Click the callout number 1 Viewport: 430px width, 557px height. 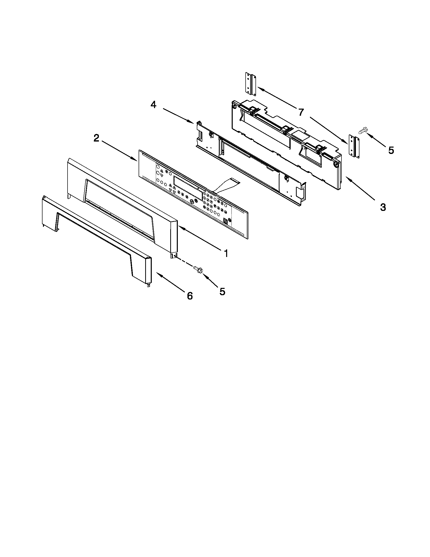pyautogui.click(x=226, y=253)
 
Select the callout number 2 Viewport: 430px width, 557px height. pyautogui.click(x=96, y=138)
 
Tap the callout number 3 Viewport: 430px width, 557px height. pyautogui.click(x=383, y=207)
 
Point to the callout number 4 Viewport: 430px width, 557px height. pyautogui.click(x=153, y=105)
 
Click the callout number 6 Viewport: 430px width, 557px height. pyautogui.click(x=190, y=295)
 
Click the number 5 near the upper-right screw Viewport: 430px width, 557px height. pyautogui.click(x=391, y=150)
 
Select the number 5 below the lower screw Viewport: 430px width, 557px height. pyautogui.click(x=222, y=291)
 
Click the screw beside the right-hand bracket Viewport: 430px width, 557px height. pyautogui.click(x=362, y=131)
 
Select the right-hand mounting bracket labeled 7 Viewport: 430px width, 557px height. pyautogui.click(x=354, y=147)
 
